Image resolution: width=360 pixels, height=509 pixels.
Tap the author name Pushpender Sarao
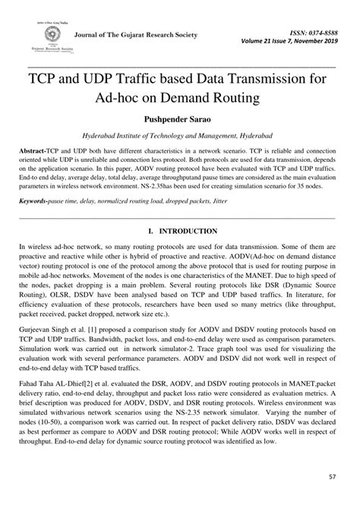click(x=180, y=119)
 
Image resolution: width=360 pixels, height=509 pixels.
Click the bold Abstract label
click(x=35, y=152)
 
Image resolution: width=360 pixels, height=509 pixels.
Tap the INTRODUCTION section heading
click(x=185, y=230)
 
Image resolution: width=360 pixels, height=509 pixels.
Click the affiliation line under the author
click(x=180, y=136)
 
